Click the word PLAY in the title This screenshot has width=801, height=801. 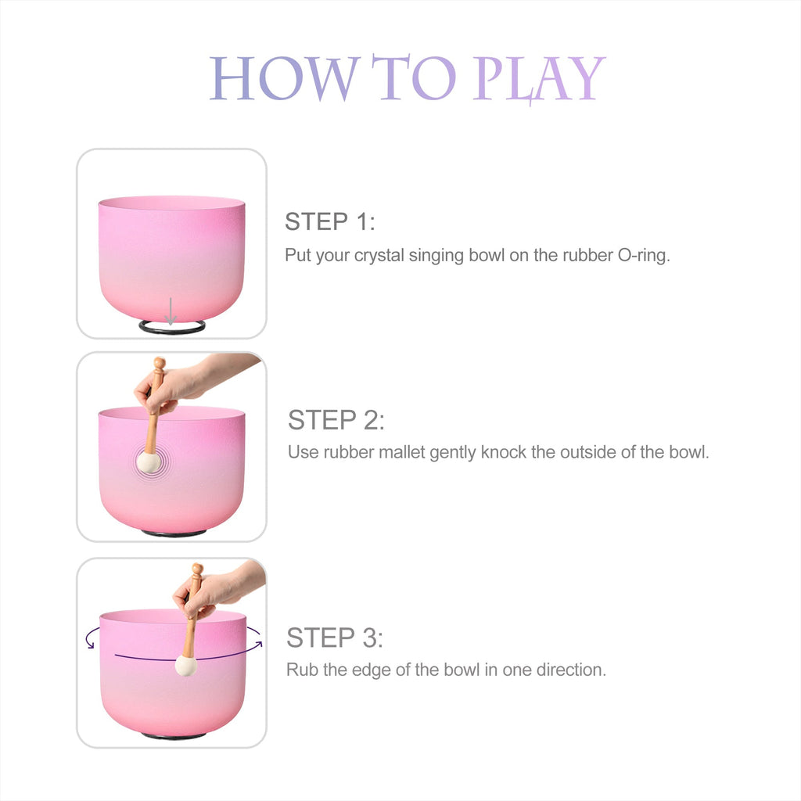[540, 79]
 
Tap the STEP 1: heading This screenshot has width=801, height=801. [330, 221]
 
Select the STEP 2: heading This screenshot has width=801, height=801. [336, 420]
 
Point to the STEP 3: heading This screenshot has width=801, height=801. [335, 638]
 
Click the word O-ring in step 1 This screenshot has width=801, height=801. [644, 255]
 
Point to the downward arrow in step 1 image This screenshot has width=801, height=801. [171, 311]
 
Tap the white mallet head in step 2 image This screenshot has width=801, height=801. [149, 462]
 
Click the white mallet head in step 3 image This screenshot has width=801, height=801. [186, 666]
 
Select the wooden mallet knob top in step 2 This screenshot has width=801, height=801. [160, 363]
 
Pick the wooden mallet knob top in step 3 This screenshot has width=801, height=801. [197, 569]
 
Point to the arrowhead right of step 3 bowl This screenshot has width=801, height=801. [260, 644]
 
